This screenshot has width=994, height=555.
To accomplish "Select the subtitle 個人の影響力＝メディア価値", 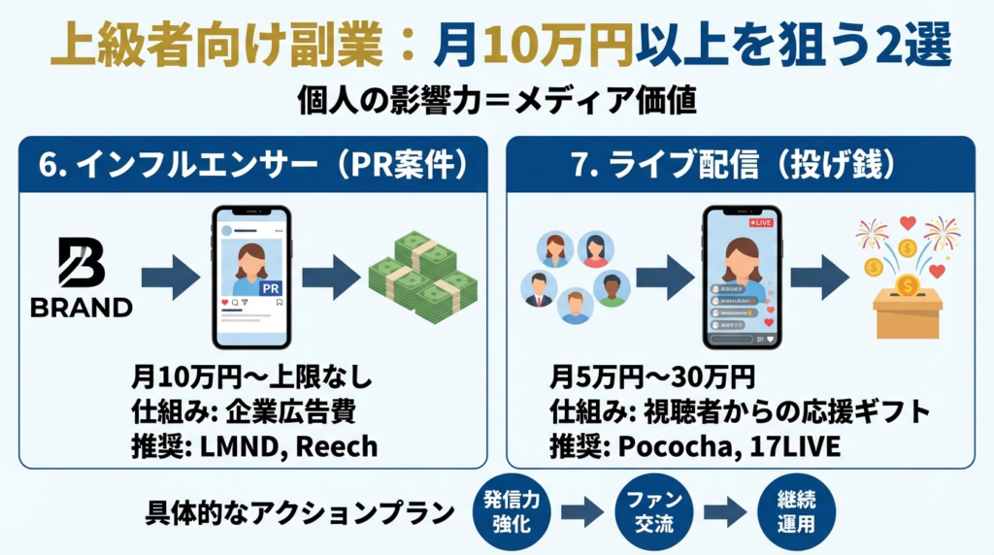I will coord(496,100).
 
